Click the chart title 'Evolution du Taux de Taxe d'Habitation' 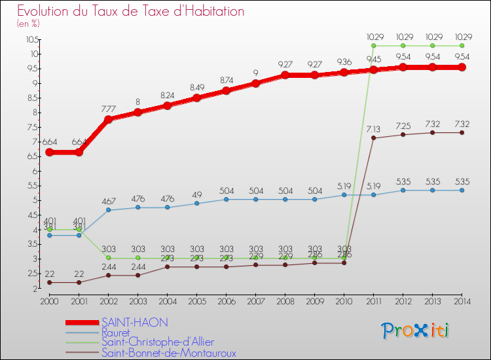point(131,12)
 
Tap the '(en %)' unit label point(29,24)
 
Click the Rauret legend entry point(116,333)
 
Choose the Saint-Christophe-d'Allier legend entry point(157,342)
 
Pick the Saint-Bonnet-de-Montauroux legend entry point(168,353)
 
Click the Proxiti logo point(416,330)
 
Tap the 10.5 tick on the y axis point(31,39)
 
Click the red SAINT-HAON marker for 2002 point(109,119)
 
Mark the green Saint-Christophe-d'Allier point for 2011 point(374,46)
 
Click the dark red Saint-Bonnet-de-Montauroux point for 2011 point(374,138)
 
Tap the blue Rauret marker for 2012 point(403,190)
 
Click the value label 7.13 point(373,129)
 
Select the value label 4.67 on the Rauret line point(108,201)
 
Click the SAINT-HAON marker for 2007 point(256,83)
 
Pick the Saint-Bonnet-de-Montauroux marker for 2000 point(50,282)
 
